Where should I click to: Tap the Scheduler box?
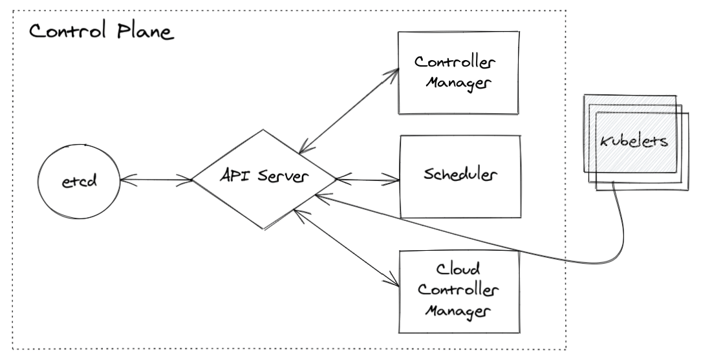[460, 176]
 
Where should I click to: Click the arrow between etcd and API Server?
[156, 179]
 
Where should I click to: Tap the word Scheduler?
[460, 175]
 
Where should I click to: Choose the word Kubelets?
[634, 142]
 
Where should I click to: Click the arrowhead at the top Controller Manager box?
[393, 70]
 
